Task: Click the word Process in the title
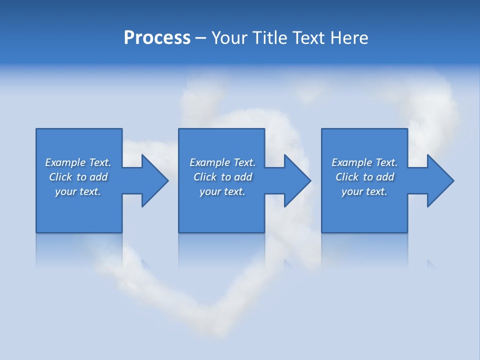pos(157,37)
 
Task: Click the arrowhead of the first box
pos(155,180)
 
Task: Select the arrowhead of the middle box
pos(297,180)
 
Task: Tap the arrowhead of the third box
pos(440,180)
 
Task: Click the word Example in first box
pos(65,162)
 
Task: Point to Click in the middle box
pos(205,177)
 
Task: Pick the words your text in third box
pos(364,191)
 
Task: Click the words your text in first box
pos(78,191)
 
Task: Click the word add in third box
pos(385,177)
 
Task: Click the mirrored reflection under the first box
pos(78,250)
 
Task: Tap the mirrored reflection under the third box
pos(364,250)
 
